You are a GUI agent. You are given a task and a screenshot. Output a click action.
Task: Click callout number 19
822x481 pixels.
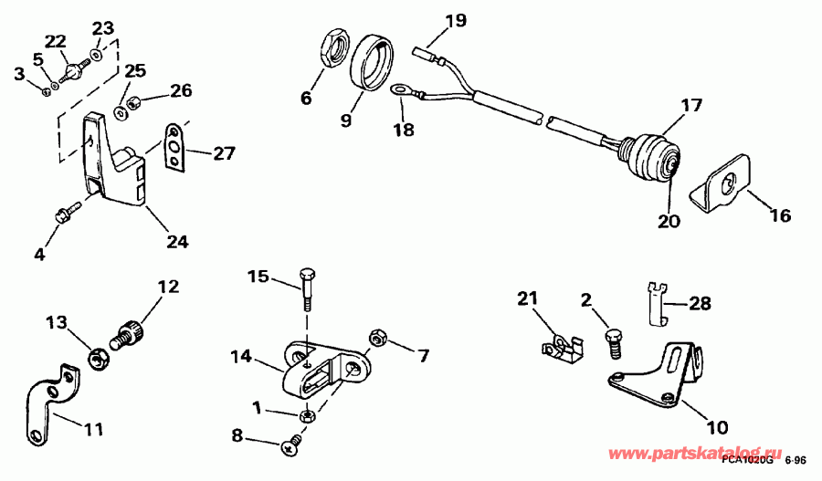[454, 18]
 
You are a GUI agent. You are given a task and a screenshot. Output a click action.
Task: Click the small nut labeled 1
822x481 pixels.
[309, 415]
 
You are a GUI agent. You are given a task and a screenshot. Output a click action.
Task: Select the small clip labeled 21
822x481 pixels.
[560, 348]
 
